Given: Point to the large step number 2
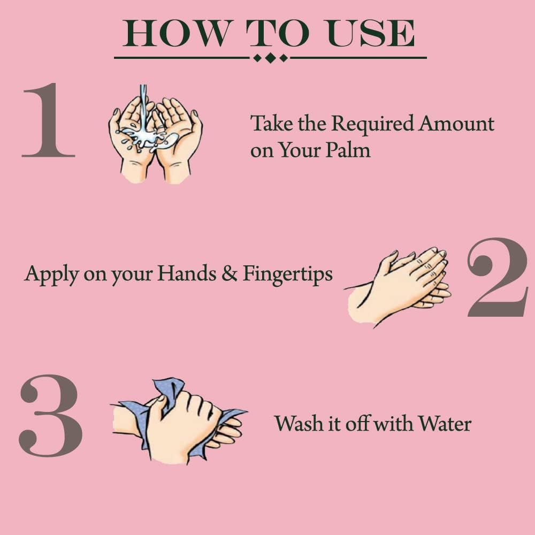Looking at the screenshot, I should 498,278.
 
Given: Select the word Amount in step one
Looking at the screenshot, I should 456,124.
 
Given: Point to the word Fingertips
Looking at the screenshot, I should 288,275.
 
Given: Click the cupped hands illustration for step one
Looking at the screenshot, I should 155,139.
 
